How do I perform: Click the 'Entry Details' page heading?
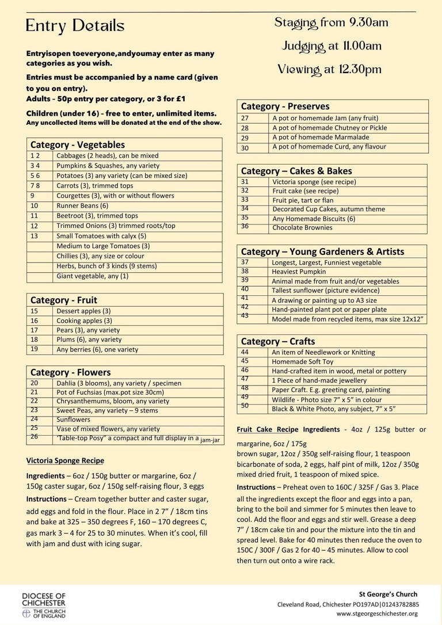tap(75, 26)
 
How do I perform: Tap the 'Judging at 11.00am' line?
tap(331, 46)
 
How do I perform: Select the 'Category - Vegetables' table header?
tap(78, 145)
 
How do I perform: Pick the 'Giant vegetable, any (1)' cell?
tap(93, 276)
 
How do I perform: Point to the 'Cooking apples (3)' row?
tap(84, 321)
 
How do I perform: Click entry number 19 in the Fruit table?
tap(35, 349)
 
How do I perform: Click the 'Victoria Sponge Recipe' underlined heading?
tap(65, 460)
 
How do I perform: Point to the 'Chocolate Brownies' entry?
tap(302, 228)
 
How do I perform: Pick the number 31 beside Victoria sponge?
tap(245, 181)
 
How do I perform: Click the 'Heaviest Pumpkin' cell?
tap(299, 272)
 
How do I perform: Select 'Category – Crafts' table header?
tap(278, 341)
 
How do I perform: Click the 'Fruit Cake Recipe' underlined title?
tap(269, 429)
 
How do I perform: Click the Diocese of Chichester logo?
tap(44, 604)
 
